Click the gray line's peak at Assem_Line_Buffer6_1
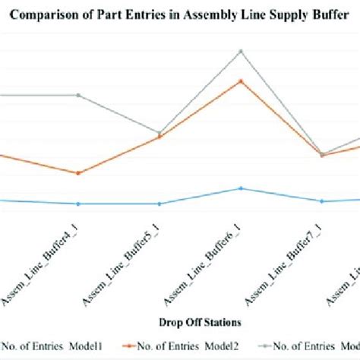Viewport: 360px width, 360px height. [x=241, y=51]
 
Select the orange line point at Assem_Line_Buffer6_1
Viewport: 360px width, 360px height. [x=241, y=81]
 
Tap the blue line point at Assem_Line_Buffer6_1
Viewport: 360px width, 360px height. [x=241, y=188]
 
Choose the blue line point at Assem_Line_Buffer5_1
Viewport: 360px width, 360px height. [x=159, y=204]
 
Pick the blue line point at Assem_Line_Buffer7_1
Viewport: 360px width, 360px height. [x=322, y=201]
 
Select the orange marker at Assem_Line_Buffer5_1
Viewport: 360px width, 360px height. [x=159, y=137]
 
